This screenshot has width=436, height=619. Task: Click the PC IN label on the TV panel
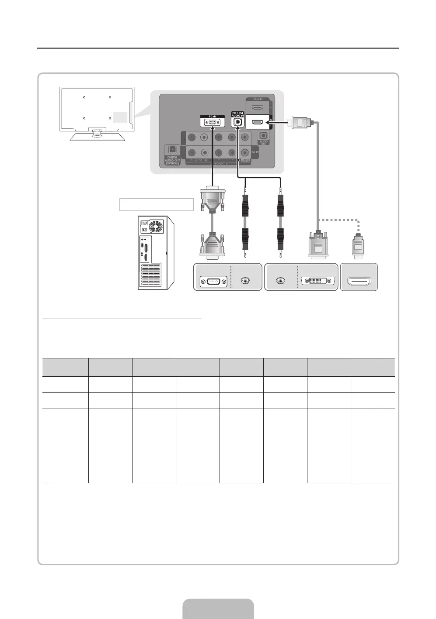[x=212, y=116]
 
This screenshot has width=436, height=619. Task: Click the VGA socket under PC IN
[x=212, y=123]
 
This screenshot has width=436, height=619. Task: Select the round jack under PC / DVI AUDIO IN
[x=237, y=123]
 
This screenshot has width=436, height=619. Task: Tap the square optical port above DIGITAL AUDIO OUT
[x=171, y=150]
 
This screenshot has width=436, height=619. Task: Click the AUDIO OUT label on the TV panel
[x=264, y=142]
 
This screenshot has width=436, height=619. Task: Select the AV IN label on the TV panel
[x=255, y=152]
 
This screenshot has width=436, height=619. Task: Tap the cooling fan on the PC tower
[x=156, y=227]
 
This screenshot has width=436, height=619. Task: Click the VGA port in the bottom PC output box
[x=213, y=282]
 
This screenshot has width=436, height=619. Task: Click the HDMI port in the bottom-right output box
[x=359, y=282]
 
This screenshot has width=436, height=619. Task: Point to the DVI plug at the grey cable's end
[x=318, y=247]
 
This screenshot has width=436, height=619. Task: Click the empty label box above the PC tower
[x=157, y=204]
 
